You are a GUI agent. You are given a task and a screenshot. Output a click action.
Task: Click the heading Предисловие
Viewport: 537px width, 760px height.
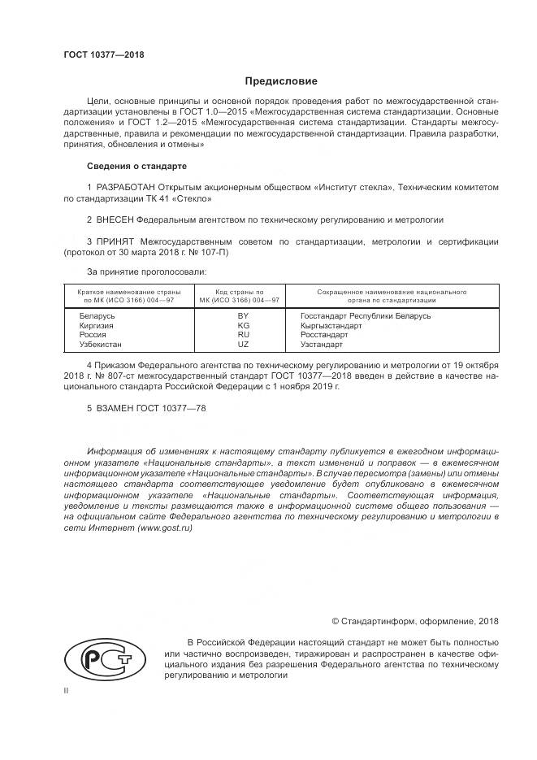click(281, 81)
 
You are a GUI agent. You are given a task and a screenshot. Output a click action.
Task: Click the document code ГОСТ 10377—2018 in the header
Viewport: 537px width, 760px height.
click(104, 54)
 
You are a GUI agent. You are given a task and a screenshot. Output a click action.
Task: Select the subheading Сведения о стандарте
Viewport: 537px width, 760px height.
click(136, 166)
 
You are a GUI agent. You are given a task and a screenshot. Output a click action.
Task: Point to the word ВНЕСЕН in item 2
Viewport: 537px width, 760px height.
click(115, 219)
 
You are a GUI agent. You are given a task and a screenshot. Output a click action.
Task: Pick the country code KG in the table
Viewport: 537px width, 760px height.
click(242, 325)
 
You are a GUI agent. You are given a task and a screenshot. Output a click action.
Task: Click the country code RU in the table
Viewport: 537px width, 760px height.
click(242, 335)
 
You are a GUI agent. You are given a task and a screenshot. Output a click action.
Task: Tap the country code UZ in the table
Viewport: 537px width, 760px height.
click(242, 345)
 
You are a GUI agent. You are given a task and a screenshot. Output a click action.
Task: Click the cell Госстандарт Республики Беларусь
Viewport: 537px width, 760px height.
click(365, 315)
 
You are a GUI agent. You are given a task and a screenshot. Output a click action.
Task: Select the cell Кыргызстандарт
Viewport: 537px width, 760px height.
click(331, 325)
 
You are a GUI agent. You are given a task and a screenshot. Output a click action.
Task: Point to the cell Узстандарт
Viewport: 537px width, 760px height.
click(322, 345)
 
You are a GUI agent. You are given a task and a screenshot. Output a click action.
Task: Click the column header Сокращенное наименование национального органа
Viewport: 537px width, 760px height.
click(391, 295)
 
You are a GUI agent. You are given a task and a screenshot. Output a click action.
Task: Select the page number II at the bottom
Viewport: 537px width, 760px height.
click(66, 690)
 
